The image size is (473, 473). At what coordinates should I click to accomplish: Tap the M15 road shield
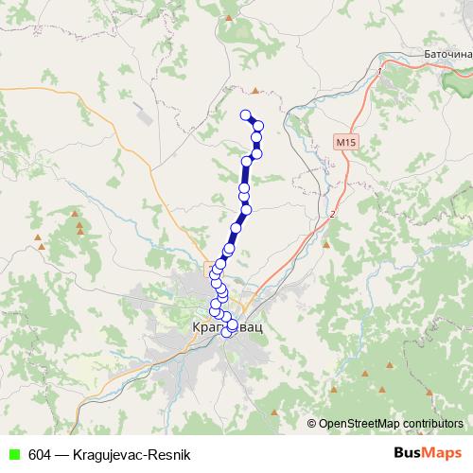point(346,142)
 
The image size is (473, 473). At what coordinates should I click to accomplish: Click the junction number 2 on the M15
point(333,216)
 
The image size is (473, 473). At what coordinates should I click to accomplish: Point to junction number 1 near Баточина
point(378,70)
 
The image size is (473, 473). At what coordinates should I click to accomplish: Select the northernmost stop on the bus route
point(246,115)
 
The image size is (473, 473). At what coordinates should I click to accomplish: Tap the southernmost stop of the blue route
point(226,332)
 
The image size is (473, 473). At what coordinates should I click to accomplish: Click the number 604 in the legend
point(40,454)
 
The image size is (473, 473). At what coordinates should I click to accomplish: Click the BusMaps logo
point(429,453)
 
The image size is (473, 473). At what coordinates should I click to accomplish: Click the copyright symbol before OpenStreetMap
point(312,423)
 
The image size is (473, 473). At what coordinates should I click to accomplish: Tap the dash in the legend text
point(61,454)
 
